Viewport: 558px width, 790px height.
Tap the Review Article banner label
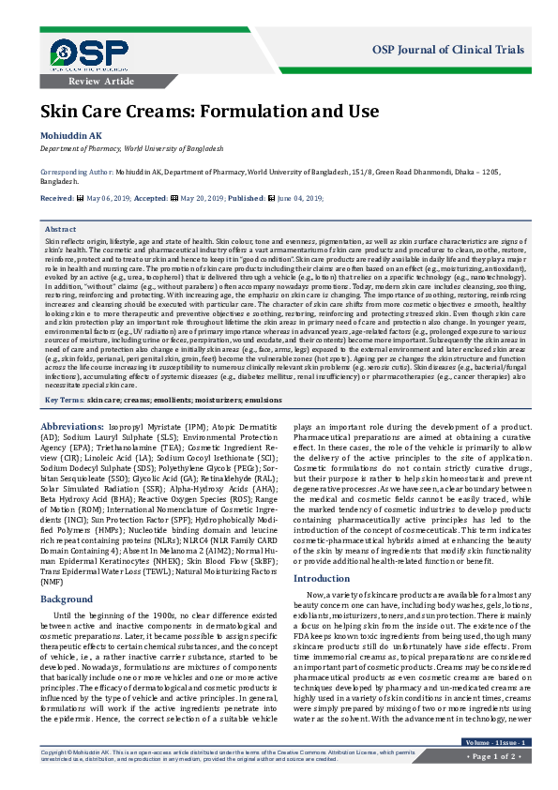108,82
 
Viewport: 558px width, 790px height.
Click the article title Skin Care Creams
170,112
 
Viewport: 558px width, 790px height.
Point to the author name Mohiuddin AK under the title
70,136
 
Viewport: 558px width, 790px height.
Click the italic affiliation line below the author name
131,148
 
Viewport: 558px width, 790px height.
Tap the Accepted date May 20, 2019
212,198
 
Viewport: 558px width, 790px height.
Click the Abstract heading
61,229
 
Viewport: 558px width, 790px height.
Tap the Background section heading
67,571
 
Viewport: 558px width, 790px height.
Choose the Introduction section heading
322,553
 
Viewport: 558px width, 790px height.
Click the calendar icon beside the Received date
80,198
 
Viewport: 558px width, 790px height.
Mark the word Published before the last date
248,198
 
